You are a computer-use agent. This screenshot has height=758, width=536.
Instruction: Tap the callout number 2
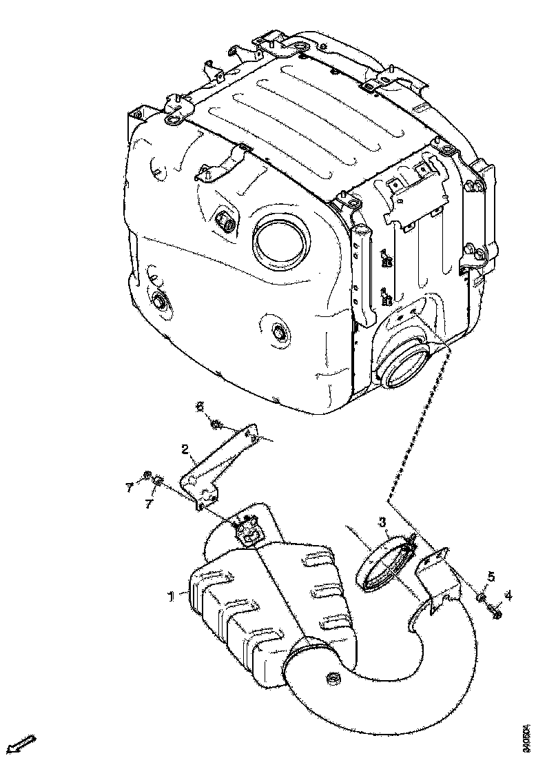[x=185, y=449]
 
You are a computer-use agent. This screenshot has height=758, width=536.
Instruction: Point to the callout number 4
[x=508, y=595]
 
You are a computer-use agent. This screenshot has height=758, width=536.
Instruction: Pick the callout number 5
[x=491, y=576]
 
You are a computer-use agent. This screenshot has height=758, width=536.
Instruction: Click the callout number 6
[x=200, y=407]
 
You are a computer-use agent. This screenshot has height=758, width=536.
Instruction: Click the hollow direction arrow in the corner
[x=21, y=744]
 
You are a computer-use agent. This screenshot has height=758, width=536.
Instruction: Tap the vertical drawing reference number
[x=526, y=731]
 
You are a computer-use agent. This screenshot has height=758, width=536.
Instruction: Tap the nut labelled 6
[x=216, y=423]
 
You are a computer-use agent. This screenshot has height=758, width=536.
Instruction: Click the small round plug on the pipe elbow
[x=331, y=680]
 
